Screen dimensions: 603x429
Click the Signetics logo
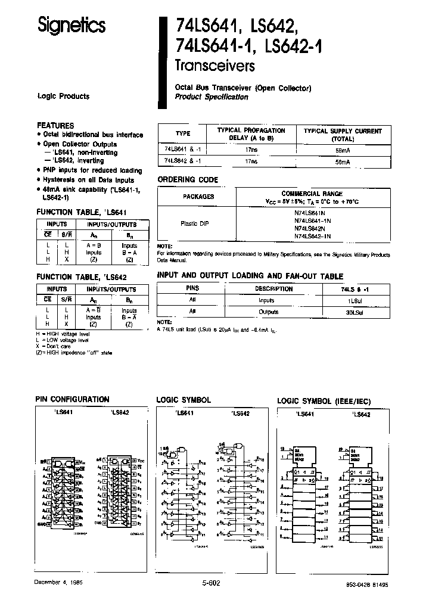point(71,25)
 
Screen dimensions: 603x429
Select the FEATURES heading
point(55,126)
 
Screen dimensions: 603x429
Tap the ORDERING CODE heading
point(187,179)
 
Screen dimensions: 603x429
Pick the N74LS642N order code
point(313,228)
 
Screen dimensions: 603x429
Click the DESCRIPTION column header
point(274,289)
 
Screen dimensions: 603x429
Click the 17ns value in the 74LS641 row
point(253,151)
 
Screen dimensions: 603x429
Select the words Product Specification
point(212,97)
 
